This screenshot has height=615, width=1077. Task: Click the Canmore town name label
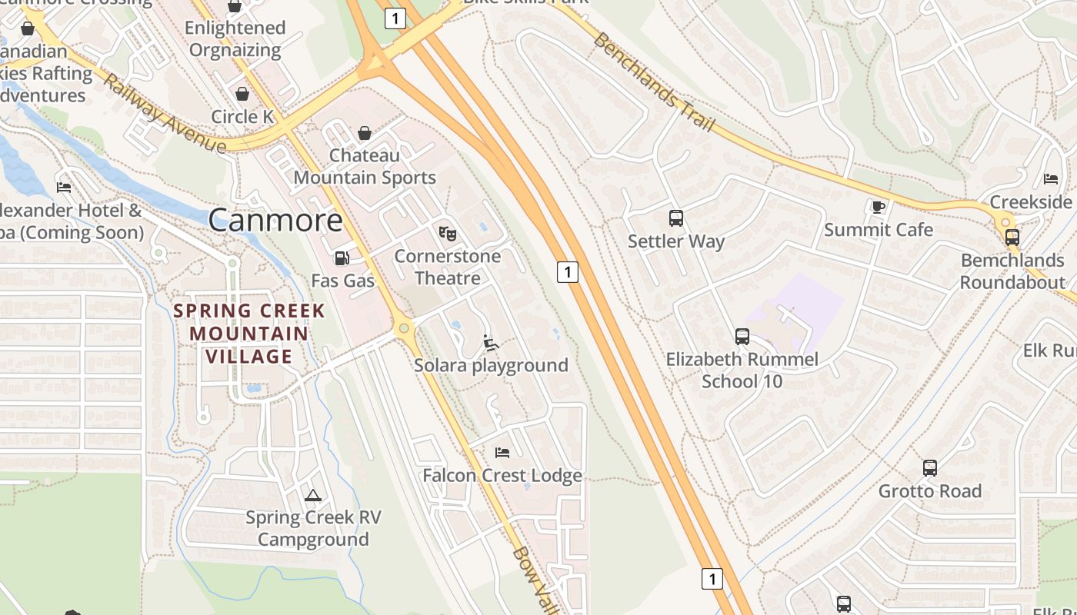[275, 221]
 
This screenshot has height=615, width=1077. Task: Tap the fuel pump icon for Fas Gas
[342, 258]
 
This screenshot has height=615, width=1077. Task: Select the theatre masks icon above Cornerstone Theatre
[447, 233]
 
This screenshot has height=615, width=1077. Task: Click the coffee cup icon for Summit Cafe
[878, 206]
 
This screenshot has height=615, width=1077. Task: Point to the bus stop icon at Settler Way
[675, 218]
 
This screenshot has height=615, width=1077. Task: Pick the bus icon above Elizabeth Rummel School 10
[742, 336]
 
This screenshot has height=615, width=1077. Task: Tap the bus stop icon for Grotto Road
[929, 467]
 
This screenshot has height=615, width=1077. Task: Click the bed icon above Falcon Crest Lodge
[502, 453]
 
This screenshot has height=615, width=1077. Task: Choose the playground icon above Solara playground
[491, 342]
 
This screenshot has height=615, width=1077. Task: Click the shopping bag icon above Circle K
[242, 94]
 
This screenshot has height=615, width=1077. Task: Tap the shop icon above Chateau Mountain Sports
[364, 133]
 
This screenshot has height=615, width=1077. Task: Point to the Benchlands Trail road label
[655, 81]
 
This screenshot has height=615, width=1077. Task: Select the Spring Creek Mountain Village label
[248, 334]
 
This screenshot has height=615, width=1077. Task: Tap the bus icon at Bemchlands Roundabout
[1012, 238]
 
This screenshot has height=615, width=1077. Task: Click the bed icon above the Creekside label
[1050, 179]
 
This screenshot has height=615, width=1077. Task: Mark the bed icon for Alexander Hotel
[64, 187]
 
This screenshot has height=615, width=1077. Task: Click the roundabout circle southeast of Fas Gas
[403, 329]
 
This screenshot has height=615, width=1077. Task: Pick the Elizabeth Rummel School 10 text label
[742, 370]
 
